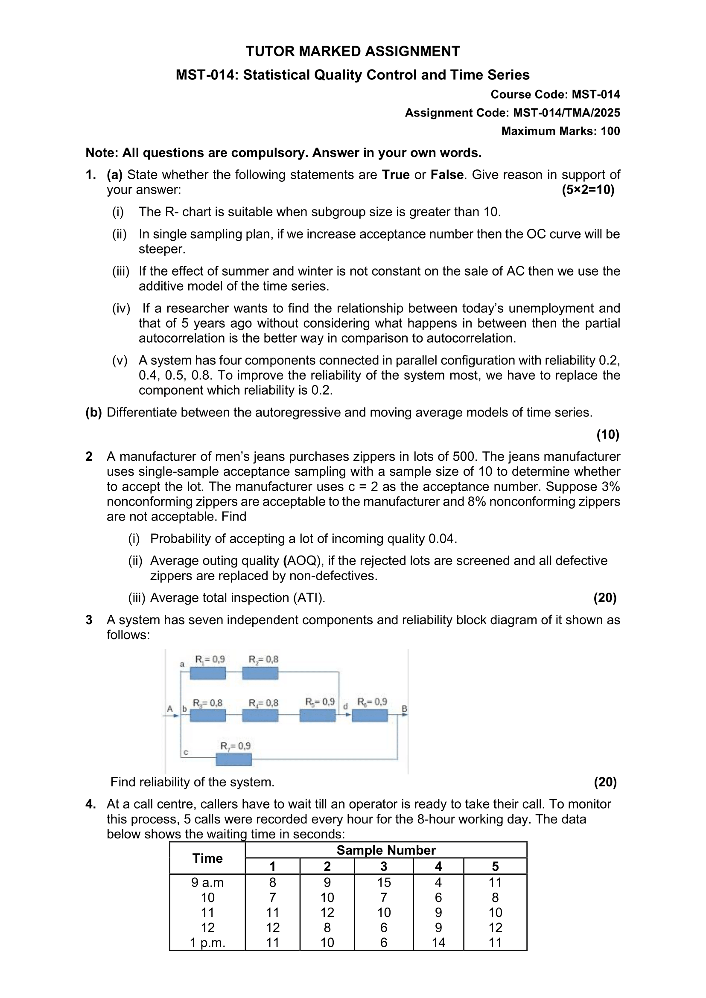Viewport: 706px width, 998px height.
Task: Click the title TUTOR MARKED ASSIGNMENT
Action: coord(353,51)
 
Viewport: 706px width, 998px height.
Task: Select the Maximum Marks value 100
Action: coord(610,131)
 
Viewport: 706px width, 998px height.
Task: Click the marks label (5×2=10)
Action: coord(588,190)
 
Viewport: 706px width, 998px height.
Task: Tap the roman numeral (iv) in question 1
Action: coord(121,308)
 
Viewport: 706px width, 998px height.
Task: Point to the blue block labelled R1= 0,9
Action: coord(208,673)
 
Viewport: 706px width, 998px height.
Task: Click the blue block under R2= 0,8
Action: coord(260,673)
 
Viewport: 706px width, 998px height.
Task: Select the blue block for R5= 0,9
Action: coord(317,716)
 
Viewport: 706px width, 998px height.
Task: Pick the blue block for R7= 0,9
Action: coord(234,759)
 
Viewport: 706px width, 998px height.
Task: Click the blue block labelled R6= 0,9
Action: coord(370,716)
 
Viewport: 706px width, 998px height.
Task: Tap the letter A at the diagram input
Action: coord(170,709)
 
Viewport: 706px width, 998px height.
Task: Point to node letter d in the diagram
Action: coord(346,707)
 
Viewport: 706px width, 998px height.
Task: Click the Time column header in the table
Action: coord(207,858)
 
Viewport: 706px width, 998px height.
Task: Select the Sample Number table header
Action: coord(386,850)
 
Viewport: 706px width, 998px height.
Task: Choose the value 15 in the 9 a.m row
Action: coord(384,882)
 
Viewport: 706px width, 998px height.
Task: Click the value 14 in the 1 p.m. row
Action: coord(438,943)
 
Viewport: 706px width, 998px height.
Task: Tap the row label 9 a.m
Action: coord(207,882)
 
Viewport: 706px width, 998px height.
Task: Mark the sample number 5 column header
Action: coord(495,866)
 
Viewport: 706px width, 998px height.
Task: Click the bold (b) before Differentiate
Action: coord(93,413)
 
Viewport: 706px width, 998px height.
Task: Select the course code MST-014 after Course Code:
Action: coord(595,95)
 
